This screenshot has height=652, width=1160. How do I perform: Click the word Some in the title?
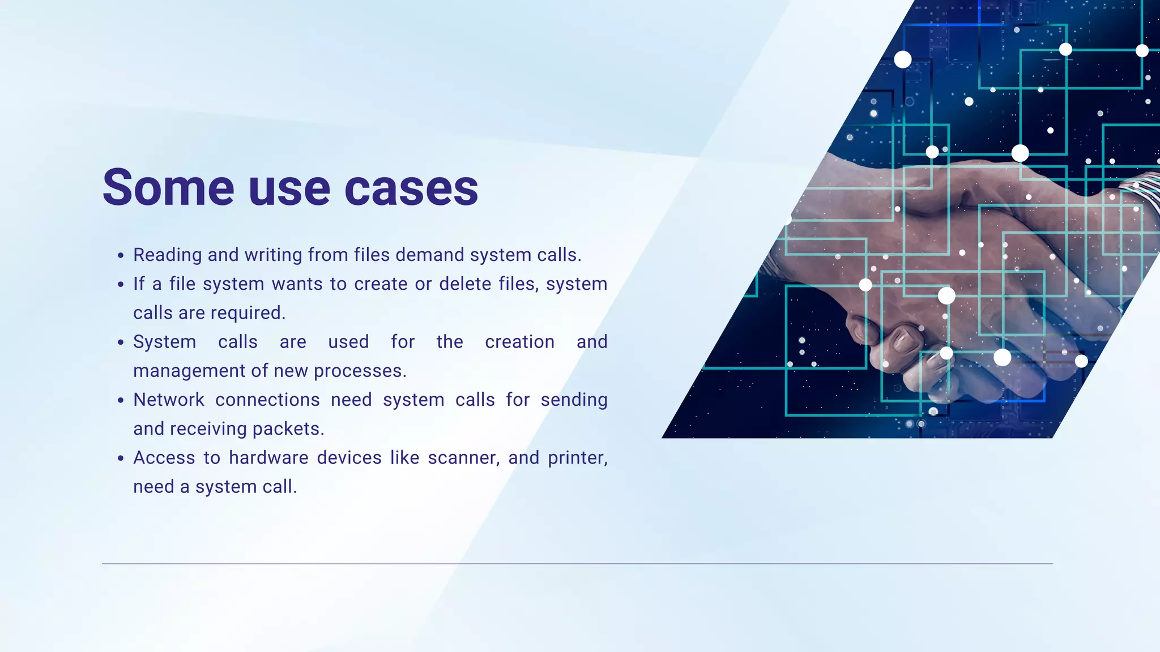168,188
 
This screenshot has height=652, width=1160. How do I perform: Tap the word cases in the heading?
411,188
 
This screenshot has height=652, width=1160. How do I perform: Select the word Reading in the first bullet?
167,255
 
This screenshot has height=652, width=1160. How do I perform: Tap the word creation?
519,342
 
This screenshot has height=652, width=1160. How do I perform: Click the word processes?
360,371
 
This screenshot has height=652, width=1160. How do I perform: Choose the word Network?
169,400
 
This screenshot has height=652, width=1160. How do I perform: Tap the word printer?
577,458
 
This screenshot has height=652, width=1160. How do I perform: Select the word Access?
164,458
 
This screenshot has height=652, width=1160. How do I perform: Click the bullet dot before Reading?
121,256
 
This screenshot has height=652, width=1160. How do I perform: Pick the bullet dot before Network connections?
121,401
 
